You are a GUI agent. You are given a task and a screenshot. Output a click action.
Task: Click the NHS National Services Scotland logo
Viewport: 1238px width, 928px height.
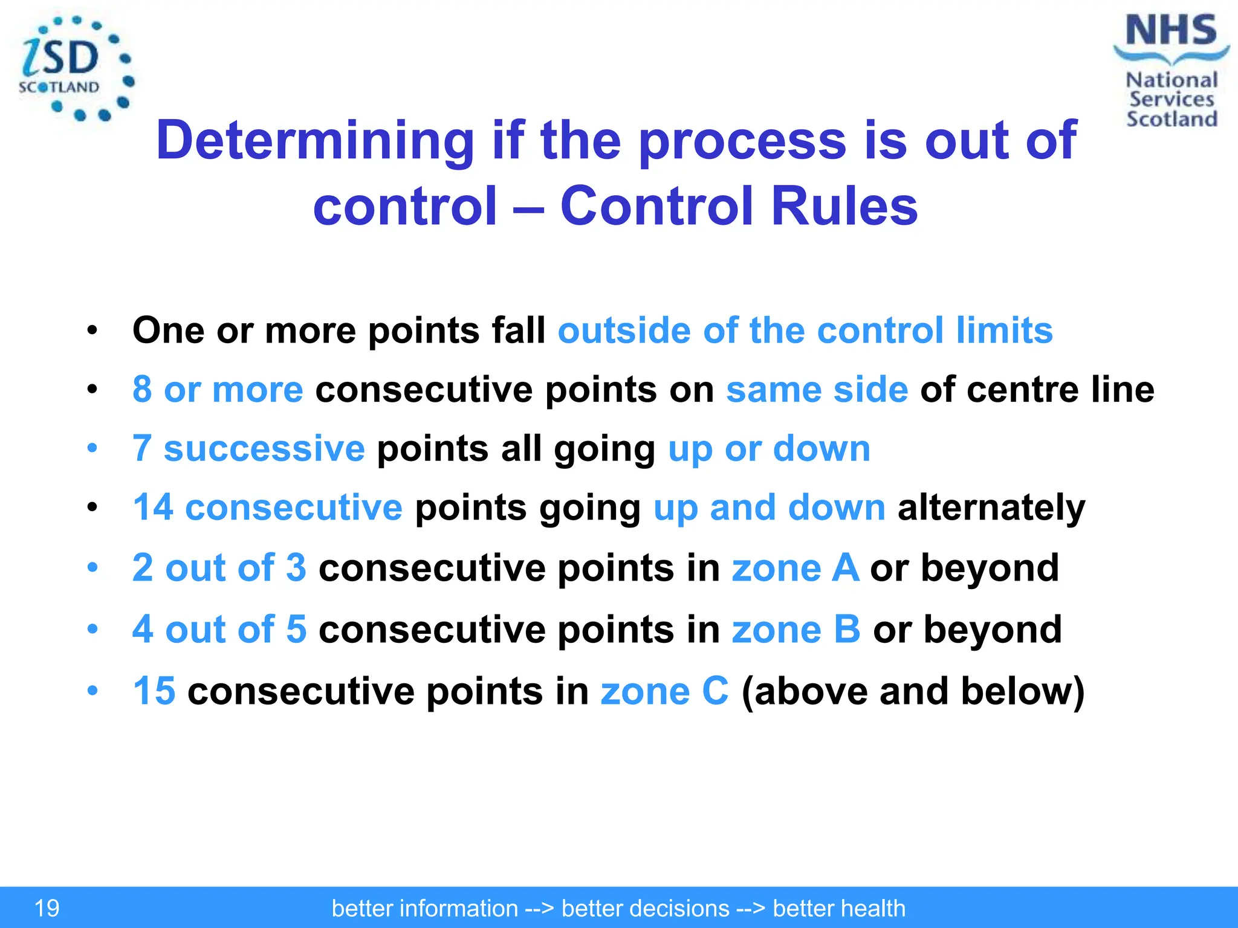tap(1171, 71)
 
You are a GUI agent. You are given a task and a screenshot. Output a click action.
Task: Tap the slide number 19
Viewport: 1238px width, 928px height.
tap(47, 908)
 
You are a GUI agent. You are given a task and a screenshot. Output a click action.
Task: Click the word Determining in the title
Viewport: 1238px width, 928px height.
tap(314, 140)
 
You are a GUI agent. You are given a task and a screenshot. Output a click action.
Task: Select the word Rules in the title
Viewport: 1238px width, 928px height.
tap(844, 206)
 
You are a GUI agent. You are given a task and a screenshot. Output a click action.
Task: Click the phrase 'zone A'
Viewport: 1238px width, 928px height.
tap(795, 568)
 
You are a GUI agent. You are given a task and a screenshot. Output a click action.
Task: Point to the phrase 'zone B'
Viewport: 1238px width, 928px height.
tap(796, 630)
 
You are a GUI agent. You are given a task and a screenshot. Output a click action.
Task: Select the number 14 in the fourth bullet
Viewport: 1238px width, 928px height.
tap(153, 507)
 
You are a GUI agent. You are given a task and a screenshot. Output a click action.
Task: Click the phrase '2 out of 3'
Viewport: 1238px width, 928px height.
tap(219, 568)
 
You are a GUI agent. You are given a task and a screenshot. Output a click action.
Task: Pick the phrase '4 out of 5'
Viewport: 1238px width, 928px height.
tap(219, 630)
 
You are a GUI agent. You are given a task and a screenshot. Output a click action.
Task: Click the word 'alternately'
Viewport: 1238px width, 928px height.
tap(991, 507)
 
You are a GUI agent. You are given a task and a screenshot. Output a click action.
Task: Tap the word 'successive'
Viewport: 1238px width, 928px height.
tap(264, 448)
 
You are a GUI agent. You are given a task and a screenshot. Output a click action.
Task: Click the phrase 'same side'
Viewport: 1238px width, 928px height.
tap(817, 389)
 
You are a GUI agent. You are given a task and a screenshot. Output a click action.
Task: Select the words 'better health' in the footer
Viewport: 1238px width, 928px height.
tap(839, 908)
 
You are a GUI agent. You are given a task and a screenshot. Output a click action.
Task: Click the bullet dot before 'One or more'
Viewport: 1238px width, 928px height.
tap(92, 330)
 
